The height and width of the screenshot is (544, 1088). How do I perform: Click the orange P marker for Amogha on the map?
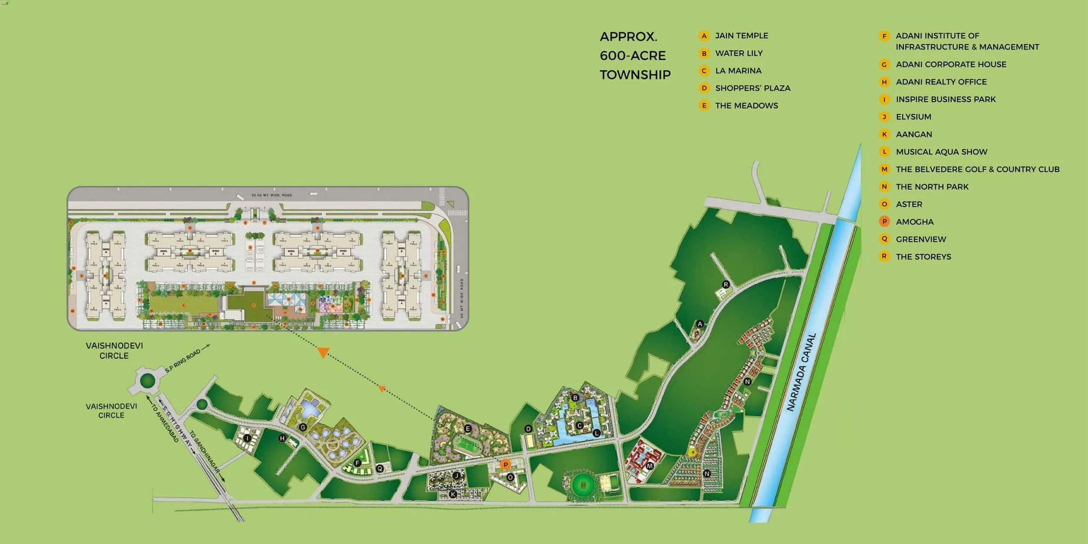coord(505,465)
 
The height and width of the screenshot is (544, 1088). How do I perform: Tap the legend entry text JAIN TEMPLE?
coord(741,36)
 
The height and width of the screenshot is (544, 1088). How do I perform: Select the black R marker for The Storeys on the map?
coord(725,285)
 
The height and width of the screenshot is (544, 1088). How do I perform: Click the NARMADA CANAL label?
coord(801,372)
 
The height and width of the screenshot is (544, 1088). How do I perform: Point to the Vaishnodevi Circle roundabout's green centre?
coord(148,381)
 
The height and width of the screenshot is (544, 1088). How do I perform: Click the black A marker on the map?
coord(700,324)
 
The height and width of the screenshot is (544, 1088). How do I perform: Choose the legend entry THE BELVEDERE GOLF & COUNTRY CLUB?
coord(977,169)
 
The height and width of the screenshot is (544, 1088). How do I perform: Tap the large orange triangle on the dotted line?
coord(322,352)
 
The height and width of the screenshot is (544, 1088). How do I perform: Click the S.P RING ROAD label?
coord(183,361)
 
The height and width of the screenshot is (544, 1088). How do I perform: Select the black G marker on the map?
coord(303,427)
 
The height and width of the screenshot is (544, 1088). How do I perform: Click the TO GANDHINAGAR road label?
coord(205,453)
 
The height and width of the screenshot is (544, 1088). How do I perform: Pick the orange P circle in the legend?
coord(884,222)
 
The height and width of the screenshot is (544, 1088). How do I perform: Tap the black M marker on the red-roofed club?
coord(650,466)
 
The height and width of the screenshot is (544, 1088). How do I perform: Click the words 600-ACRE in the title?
coord(632,56)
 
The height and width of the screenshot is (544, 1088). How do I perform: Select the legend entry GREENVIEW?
coord(921,239)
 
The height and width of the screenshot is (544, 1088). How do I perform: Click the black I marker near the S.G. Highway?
coord(247,438)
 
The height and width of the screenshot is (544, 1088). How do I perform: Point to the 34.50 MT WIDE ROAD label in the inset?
coord(272,195)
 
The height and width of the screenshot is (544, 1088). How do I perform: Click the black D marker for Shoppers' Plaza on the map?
coord(528,429)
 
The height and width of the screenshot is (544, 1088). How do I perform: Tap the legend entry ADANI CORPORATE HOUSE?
coord(950,64)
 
